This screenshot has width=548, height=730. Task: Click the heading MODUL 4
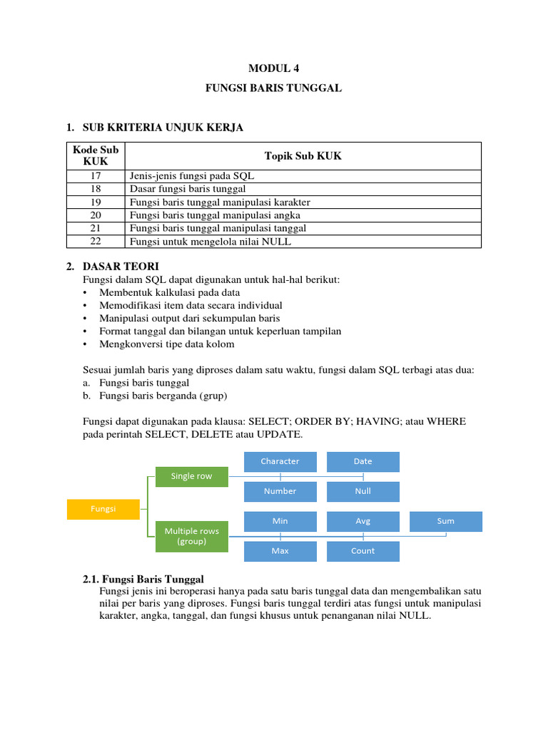click(x=274, y=68)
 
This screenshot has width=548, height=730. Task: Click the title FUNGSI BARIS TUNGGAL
click(x=274, y=88)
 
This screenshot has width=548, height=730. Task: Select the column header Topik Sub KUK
click(x=303, y=155)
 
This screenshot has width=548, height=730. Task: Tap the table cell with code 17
click(x=96, y=175)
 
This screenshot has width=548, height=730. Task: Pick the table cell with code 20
click(x=96, y=215)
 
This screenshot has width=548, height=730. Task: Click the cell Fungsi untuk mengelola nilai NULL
click(x=210, y=242)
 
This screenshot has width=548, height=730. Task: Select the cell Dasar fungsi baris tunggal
click(x=188, y=189)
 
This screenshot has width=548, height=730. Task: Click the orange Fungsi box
click(x=103, y=509)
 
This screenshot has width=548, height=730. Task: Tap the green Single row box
click(x=191, y=476)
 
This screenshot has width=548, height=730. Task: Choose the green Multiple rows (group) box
click(x=191, y=536)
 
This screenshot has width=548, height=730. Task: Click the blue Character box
click(x=280, y=461)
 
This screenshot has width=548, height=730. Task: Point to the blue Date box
click(x=362, y=461)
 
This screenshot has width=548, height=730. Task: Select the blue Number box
click(x=280, y=491)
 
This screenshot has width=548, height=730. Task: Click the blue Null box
click(x=362, y=491)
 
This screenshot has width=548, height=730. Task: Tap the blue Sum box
click(x=445, y=521)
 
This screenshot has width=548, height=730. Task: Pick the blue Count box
click(x=362, y=551)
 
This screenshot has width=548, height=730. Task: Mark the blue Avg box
click(x=362, y=521)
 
